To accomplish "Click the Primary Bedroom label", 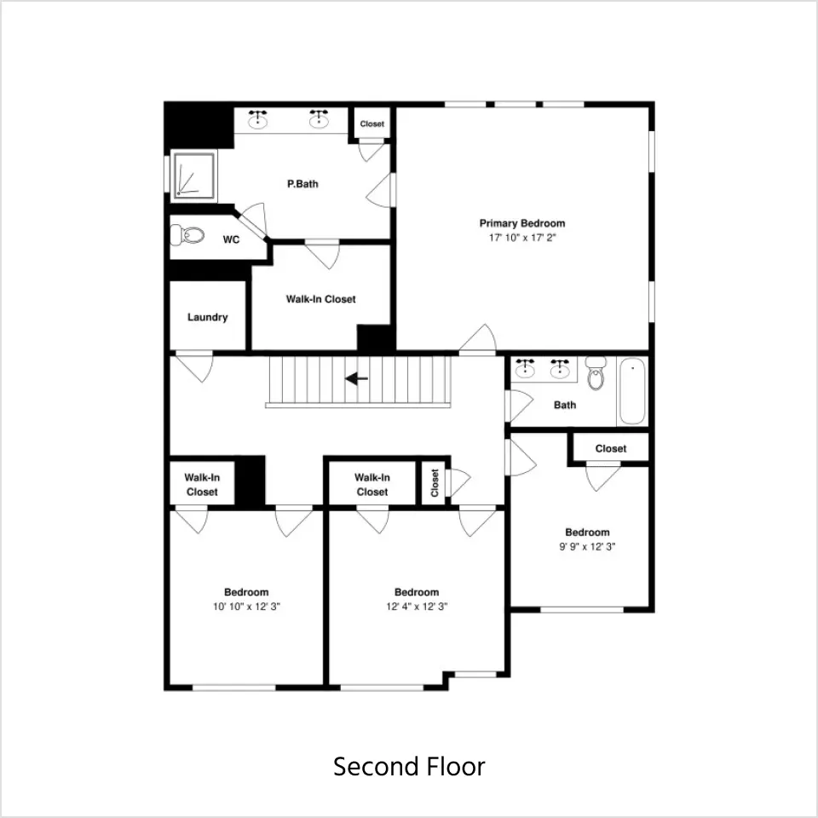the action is coord(522,223).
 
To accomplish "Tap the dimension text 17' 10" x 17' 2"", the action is coord(522,238).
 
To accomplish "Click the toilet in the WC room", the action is coord(187,235).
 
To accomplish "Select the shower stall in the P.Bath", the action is coord(194,176).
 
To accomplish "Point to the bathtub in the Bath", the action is coord(632,391).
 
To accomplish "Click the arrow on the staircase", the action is coord(357,378).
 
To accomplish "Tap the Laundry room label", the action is coord(208,317).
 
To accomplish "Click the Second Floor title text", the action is coord(409,766).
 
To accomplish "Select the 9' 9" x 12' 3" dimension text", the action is coord(587,547).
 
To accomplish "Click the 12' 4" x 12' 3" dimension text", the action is coord(417,606).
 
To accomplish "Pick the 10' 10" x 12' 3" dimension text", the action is coord(246,606).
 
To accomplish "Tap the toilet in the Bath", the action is coord(596,372).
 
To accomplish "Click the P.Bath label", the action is coord(302,184).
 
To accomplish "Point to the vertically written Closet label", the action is coord(435,483).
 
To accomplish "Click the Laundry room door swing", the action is coord(194,366).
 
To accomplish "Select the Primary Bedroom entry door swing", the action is coord(478,340).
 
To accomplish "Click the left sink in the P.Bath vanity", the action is coord(257,120).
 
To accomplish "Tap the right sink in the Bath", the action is coord(560,368).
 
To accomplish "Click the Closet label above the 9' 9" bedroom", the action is coord(611,449).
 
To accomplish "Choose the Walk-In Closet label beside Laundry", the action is coord(321,299).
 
